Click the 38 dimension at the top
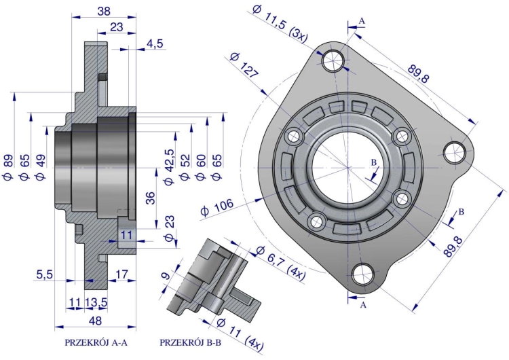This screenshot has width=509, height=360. (104, 11)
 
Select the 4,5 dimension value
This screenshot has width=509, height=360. (155, 43)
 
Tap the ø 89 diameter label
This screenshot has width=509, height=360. (8, 167)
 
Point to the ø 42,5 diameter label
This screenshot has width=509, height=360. (169, 167)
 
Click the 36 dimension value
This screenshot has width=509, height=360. (150, 198)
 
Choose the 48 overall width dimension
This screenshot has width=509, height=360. (95, 321)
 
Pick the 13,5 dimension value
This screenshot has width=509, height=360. (96, 302)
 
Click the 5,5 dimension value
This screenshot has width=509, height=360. (44, 274)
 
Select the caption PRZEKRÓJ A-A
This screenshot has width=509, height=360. (96, 343)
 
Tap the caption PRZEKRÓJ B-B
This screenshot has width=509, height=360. (191, 343)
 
